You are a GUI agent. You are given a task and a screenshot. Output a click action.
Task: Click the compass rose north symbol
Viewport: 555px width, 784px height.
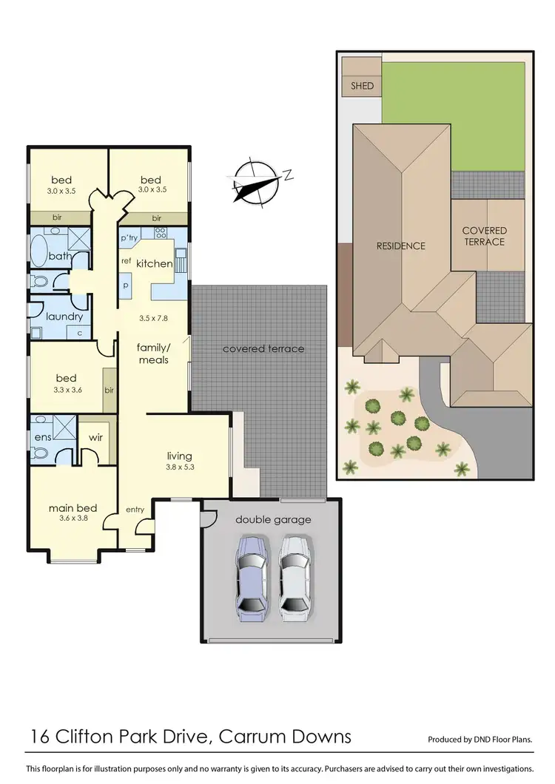255,180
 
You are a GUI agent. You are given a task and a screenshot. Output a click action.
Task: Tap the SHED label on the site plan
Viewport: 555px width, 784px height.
362,86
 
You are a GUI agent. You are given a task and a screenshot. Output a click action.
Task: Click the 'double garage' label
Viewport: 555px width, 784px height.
273,519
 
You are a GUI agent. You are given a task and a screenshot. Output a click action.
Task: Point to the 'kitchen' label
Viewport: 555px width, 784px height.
155,263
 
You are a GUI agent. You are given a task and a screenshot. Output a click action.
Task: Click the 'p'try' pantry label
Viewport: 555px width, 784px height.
129,237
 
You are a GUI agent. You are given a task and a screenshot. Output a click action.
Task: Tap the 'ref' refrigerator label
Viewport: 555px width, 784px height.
126,260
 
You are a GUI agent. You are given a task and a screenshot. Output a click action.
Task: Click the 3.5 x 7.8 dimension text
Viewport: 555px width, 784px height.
154,319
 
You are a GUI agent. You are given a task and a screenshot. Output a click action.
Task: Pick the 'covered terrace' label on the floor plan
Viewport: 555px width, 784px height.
263,348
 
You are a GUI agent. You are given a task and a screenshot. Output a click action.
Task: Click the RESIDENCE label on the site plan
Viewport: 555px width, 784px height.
400,246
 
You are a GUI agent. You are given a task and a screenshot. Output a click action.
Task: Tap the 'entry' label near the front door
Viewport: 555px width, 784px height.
135,509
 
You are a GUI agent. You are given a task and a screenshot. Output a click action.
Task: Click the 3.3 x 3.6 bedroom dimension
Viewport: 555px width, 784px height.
67,390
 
